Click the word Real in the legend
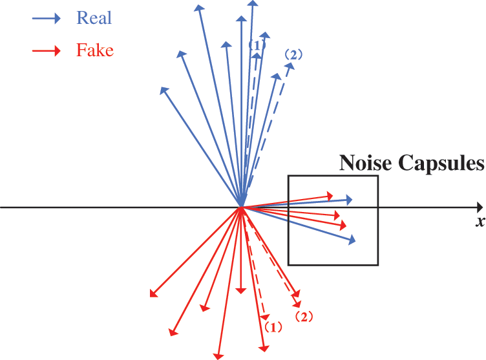pos(94,17)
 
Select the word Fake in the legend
pos(94,50)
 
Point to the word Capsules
pos(442,163)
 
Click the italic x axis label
pos(480,222)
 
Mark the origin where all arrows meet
pos(242,207)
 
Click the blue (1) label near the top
pos(257,45)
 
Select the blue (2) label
pos(292,54)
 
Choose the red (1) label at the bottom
pos(272,327)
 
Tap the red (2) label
pos(304,317)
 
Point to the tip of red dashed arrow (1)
pos(266,317)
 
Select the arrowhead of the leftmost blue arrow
pos(164,90)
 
